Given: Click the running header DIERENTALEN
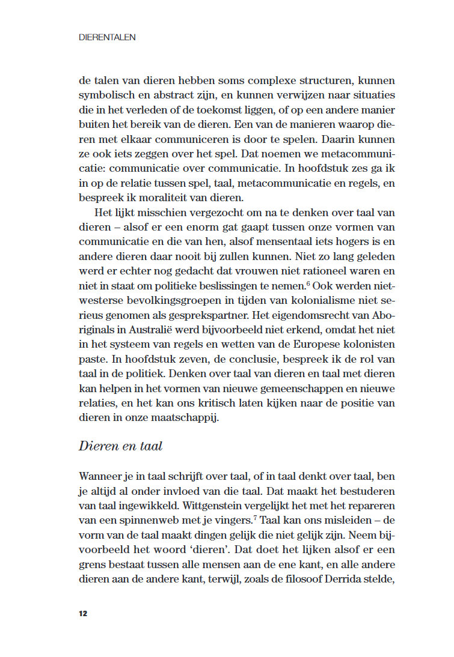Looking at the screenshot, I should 107,37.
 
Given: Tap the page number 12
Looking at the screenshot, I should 83,613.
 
